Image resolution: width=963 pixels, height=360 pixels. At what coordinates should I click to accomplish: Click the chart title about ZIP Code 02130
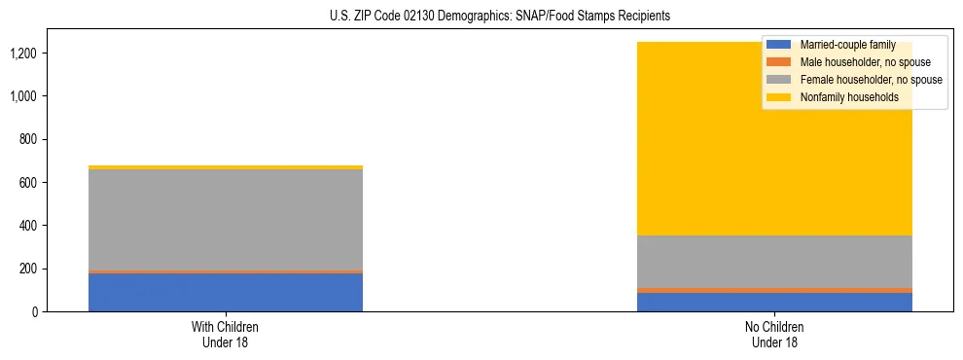(x=485, y=17)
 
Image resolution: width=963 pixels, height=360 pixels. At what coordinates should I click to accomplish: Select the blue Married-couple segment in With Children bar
(x=226, y=292)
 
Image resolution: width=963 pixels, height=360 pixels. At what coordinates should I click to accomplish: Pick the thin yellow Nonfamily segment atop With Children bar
(x=226, y=167)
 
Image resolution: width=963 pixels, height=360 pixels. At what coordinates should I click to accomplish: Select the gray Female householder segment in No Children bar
(x=775, y=262)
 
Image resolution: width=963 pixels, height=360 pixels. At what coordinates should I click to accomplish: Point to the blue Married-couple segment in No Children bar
(x=775, y=302)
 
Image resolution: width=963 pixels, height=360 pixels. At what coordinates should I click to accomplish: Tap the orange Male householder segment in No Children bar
(x=775, y=290)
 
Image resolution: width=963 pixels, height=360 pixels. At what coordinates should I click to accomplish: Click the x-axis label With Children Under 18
(x=226, y=334)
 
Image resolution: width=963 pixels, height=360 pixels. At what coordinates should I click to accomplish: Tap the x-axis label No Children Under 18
(x=775, y=334)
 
